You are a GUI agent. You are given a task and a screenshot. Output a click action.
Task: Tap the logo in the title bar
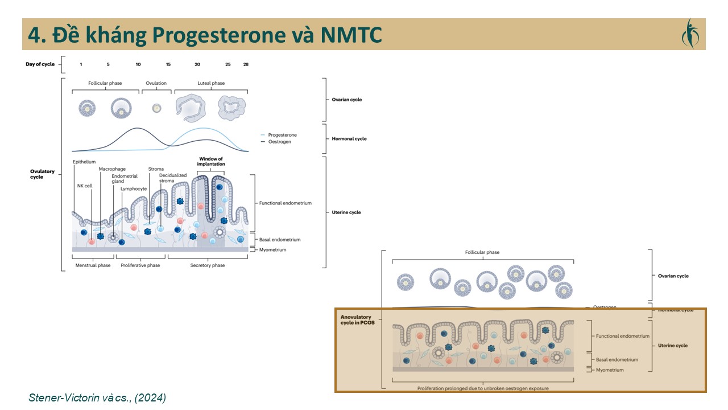pos(689,34)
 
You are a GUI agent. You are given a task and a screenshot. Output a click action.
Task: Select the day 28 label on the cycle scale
pos(246,64)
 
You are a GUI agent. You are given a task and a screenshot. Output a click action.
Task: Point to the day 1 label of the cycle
pos(81,64)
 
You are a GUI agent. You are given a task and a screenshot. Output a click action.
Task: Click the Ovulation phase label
pos(156,83)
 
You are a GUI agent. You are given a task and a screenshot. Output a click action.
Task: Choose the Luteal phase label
pos(210,83)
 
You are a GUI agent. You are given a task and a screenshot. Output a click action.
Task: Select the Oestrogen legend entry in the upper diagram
pos(279,142)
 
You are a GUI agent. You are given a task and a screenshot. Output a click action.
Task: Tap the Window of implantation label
pos(210,161)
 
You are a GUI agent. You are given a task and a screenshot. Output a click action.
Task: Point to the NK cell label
pos(85,186)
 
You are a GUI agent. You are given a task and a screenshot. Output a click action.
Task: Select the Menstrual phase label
pos(93,265)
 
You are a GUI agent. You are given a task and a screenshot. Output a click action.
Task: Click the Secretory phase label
pos(208,265)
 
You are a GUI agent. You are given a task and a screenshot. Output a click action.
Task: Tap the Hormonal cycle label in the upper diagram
pos(349,138)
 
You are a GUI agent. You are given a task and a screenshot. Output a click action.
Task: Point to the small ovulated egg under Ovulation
pos(156,108)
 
